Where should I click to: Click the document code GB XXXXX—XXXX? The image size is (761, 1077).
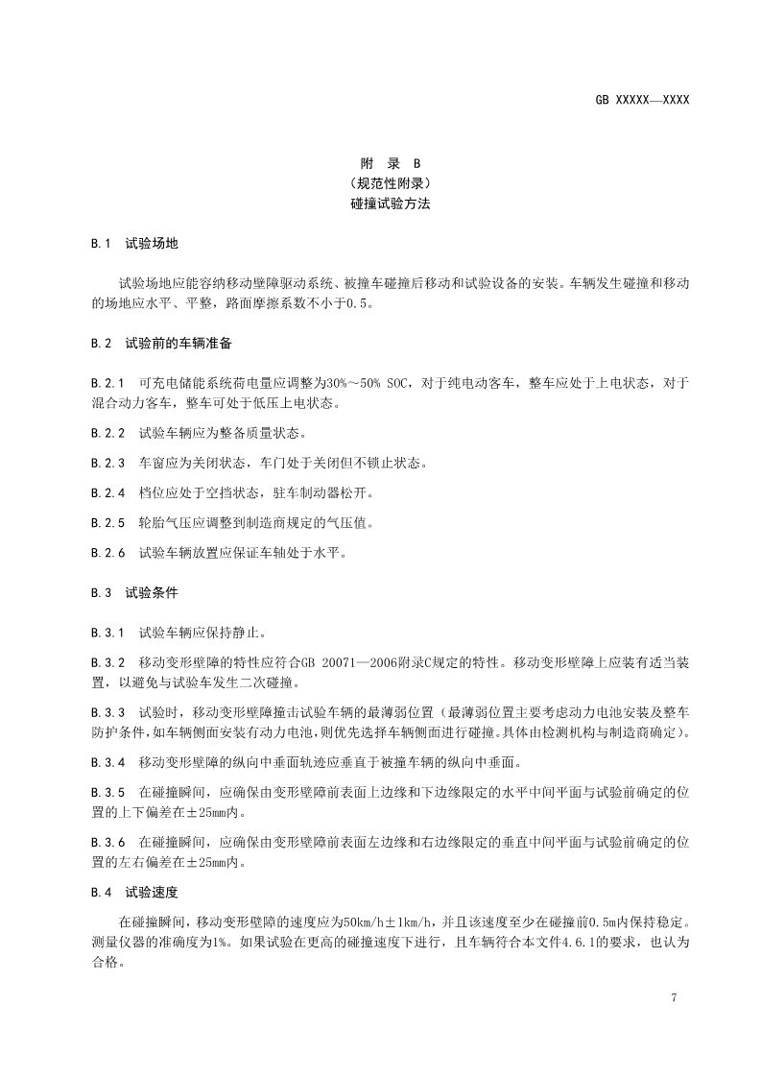click(643, 100)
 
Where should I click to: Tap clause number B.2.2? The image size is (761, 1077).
click(108, 432)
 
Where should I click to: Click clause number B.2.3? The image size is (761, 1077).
click(108, 463)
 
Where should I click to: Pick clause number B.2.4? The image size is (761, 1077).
click(108, 493)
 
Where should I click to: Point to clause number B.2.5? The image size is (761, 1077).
click(108, 523)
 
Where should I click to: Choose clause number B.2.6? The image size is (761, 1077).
click(108, 554)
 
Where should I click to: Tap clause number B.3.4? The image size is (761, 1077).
click(108, 763)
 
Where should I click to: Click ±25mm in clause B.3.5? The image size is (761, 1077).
click(184, 813)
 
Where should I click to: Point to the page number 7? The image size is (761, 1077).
click(676, 998)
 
